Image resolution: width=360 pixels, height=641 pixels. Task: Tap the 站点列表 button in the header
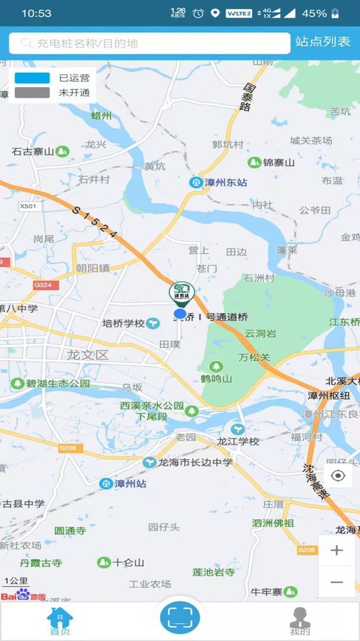[x=323, y=42]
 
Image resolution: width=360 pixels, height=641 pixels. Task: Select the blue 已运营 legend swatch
[x=32, y=78]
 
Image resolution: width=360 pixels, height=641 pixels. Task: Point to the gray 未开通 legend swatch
[x=32, y=93]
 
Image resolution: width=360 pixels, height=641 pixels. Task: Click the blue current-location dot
[x=180, y=313]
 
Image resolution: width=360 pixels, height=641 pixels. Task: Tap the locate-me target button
[x=338, y=476]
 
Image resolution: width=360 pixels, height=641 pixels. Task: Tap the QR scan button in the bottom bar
[x=180, y=617]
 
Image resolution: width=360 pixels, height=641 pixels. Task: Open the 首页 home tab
[x=59, y=621]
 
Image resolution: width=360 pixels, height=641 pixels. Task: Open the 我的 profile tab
[x=300, y=621]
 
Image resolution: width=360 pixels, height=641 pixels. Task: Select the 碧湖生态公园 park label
[x=50, y=383]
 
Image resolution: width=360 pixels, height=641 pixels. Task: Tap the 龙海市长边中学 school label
[x=189, y=462]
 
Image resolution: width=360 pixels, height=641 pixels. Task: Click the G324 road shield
[x=42, y=285]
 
